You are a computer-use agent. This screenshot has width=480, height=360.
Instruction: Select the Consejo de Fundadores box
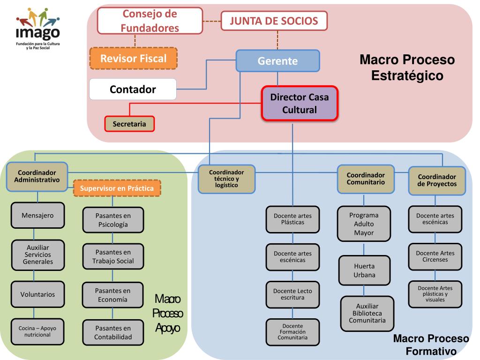click(150, 21)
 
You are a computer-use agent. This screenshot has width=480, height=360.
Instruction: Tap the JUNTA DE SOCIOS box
click(274, 21)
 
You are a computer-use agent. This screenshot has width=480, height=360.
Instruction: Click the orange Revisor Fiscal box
click(134, 59)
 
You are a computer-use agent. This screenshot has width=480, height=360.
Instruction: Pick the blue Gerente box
click(277, 61)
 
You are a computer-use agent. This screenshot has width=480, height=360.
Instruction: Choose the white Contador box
click(133, 89)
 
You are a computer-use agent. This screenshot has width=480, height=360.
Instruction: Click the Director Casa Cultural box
click(300, 104)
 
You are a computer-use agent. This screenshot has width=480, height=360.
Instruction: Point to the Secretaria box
click(129, 124)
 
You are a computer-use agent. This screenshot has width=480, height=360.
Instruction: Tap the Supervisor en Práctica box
click(117, 188)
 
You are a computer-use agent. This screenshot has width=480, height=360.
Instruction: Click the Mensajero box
click(37, 216)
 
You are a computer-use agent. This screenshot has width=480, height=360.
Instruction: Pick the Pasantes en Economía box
click(112, 295)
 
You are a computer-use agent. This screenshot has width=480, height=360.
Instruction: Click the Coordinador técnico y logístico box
click(227, 179)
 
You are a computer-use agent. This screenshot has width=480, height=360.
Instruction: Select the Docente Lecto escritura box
click(292, 294)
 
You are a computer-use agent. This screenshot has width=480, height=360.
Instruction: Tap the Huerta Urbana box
click(364, 270)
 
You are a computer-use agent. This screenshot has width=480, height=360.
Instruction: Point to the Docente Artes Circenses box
click(435, 256)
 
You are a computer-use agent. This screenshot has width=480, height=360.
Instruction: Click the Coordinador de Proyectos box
click(437, 180)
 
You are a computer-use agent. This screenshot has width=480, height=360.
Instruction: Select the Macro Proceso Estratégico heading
click(407, 67)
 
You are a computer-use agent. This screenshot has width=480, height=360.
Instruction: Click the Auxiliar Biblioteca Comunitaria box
click(367, 313)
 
